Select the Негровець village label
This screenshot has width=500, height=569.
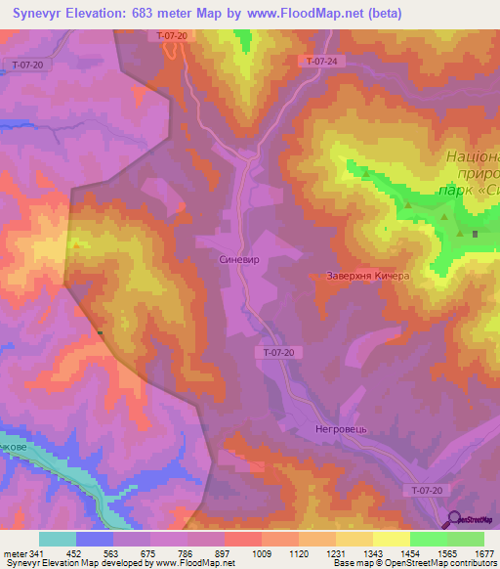tap(315, 428)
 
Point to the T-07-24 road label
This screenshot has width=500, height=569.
tap(321, 61)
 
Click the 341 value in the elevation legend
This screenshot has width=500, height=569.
tap(36, 552)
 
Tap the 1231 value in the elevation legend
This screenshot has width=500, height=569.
tap(315, 552)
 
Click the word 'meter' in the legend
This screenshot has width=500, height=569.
tap(13, 552)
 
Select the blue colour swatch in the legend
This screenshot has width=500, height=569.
tap(94, 539)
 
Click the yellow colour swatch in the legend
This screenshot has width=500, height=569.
tap(390, 539)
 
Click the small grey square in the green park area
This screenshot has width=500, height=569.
tap(476, 234)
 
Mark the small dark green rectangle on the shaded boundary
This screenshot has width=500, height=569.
tap(101, 333)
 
